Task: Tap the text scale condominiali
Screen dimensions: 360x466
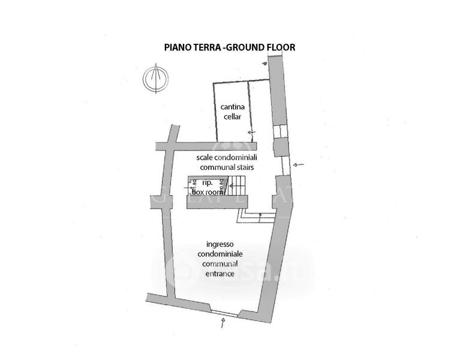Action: (224, 157)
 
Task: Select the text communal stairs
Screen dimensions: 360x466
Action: (224, 167)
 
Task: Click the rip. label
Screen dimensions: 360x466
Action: (207, 182)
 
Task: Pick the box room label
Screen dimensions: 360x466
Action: (207, 192)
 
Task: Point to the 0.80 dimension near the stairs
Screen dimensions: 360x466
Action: (221, 187)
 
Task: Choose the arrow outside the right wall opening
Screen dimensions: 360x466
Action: (300, 164)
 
